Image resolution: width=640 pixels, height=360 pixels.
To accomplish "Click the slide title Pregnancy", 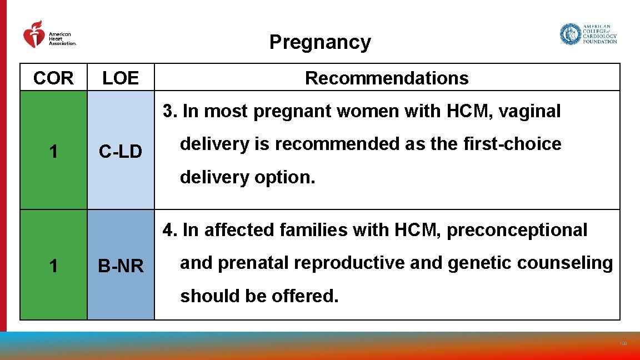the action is (x=320, y=42).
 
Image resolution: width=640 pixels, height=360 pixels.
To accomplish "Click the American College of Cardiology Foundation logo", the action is (x=588, y=34).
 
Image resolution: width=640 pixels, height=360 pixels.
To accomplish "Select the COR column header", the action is (x=53, y=78).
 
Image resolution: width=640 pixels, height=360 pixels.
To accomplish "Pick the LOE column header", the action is (x=121, y=78).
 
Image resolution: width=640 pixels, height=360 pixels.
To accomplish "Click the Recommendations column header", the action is (x=387, y=78).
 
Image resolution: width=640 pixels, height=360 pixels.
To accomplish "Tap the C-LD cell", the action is (x=121, y=151).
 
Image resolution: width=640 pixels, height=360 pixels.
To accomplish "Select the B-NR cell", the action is (x=121, y=267).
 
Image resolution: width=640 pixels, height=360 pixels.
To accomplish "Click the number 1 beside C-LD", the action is (x=53, y=151).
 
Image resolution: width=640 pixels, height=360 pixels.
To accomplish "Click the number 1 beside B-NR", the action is (x=53, y=267).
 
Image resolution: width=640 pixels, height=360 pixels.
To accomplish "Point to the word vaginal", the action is (x=530, y=111).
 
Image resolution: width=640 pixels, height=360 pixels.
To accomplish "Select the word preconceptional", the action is (x=517, y=230).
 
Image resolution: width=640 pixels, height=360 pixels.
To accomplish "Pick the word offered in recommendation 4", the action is (x=304, y=296).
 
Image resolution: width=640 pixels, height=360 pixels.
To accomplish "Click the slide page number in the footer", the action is (x=623, y=344).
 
